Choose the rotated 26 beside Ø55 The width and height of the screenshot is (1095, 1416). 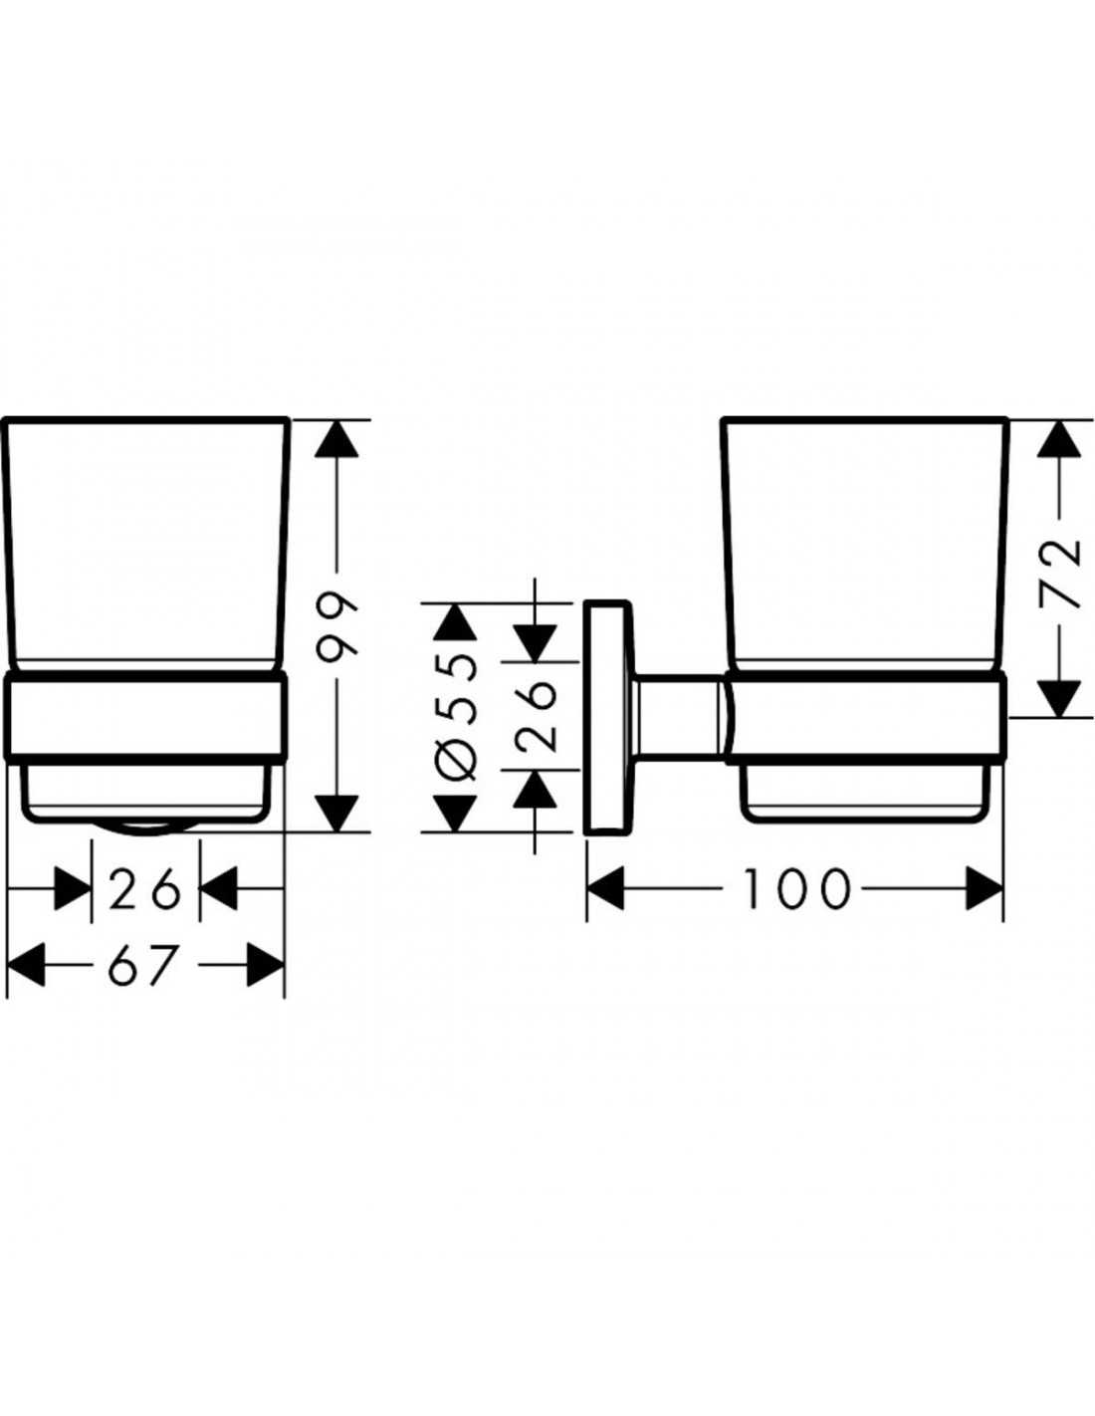[x=537, y=716]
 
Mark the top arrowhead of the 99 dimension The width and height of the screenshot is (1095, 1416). [x=336, y=440]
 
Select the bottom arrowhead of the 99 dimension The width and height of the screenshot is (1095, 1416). [x=336, y=812]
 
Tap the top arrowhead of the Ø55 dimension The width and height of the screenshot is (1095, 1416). [x=455, y=621]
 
